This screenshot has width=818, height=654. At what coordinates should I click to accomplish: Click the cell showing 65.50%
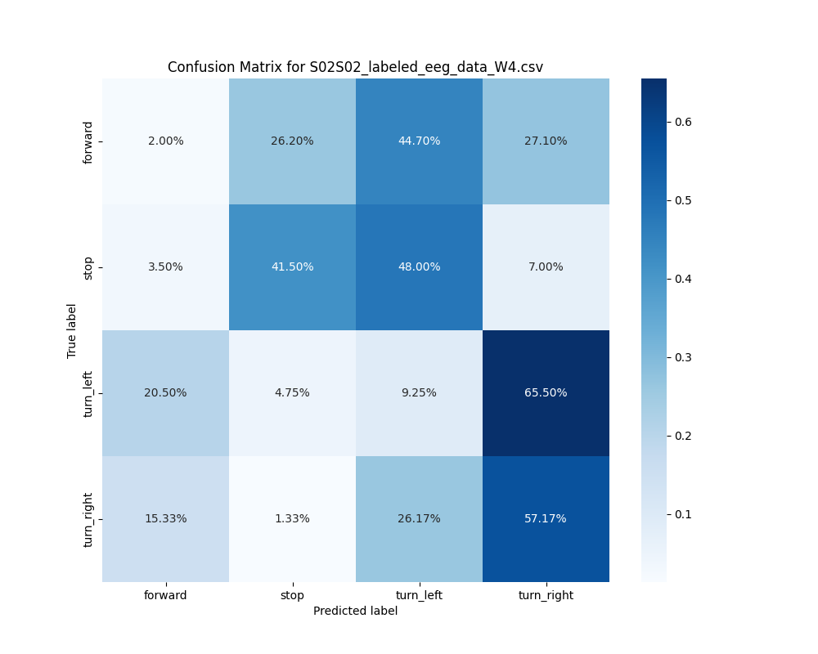pos(546,392)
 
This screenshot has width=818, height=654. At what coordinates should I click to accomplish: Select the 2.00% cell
pos(165,141)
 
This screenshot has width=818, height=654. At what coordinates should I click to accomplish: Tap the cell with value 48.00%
pos(419,267)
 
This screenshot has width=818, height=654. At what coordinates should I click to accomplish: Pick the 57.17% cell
pos(546,518)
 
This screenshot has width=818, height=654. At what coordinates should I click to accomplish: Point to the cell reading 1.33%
pos(292,518)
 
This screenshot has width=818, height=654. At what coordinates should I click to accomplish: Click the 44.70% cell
pos(419,141)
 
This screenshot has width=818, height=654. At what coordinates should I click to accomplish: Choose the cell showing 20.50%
pos(165,392)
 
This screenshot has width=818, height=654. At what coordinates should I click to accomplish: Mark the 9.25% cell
pos(419,392)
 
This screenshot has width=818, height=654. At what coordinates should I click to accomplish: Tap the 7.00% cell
pos(546,267)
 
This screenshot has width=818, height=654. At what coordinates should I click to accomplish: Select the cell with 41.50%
pos(292,267)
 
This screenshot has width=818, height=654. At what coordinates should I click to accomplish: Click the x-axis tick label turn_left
pos(419,595)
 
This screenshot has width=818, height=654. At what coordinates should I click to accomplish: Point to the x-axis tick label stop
pos(292,595)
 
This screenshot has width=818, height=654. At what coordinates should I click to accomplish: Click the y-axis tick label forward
pos(88,141)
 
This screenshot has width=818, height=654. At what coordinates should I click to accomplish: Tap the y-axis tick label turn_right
pos(88,519)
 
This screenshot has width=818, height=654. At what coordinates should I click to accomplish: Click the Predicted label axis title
pos(355,611)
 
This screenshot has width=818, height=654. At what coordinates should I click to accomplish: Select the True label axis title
pos(72,330)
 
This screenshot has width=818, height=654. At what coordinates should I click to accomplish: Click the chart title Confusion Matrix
pos(355,67)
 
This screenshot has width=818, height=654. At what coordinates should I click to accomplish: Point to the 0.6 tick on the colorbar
pos(684,122)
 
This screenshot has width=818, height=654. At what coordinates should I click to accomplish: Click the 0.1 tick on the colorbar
pos(684,514)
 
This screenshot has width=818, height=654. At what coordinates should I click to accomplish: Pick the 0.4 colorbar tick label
pos(684,279)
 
